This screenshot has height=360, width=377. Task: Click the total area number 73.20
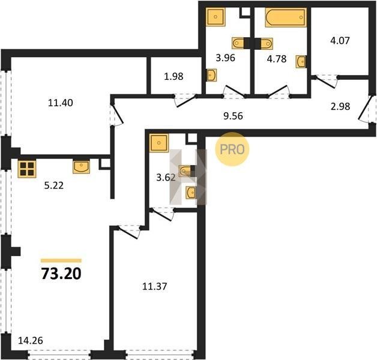(x=61, y=274)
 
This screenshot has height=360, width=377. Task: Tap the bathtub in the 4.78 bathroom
(x=286, y=17)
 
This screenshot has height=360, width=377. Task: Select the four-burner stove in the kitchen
(x=27, y=169)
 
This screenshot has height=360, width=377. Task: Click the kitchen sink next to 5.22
(x=81, y=167)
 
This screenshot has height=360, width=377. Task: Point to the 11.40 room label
(x=61, y=103)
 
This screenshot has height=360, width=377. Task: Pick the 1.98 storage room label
(x=173, y=76)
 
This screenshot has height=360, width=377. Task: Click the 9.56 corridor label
(x=233, y=116)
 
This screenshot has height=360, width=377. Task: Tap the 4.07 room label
(x=340, y=40)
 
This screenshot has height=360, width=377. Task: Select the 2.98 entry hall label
(x=340, y=106)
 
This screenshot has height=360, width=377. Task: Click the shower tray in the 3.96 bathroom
(x=216, y=17)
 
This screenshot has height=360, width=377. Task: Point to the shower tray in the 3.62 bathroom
(x=158, y=143)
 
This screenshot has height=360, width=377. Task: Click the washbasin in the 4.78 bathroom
(x=301, y=62)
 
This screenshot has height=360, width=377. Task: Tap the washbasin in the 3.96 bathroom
(x=211, y=75)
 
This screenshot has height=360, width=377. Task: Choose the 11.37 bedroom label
(x=155, y=286)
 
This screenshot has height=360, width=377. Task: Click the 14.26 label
(x=31, y=341)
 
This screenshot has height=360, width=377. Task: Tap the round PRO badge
(x=232, y=149)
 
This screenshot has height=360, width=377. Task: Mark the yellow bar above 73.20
(x=61, y=260)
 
